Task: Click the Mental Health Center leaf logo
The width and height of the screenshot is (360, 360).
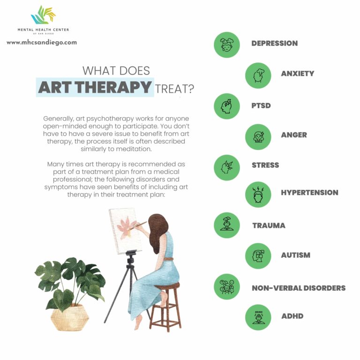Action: (x=43, y=16)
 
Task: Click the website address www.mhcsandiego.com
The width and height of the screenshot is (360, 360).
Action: (x=42, y=42)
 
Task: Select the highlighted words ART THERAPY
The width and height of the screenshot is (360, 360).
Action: (x=95, y=87)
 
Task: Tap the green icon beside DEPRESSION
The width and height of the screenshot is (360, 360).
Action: (x=227, y=45)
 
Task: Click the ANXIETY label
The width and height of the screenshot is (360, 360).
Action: (x=297, y=74)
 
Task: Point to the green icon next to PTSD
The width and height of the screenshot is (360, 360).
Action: (x=227, y=106)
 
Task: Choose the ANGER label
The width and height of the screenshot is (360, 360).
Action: (x=294, y=135)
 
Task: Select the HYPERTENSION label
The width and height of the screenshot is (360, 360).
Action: (x=309, y=193)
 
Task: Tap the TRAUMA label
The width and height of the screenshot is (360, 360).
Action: (x=269, y=225)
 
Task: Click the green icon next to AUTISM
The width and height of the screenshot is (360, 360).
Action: (x=258, y=256)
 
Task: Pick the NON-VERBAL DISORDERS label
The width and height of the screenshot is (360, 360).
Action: (x=298, y=288)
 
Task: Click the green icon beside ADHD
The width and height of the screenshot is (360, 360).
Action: (x=258, y=317)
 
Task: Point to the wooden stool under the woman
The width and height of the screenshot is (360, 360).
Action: (x=165, y=305)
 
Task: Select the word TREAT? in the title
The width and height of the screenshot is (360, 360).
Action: (x=174, y=88)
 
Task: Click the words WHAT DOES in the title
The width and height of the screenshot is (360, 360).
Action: (x=116, y=71)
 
